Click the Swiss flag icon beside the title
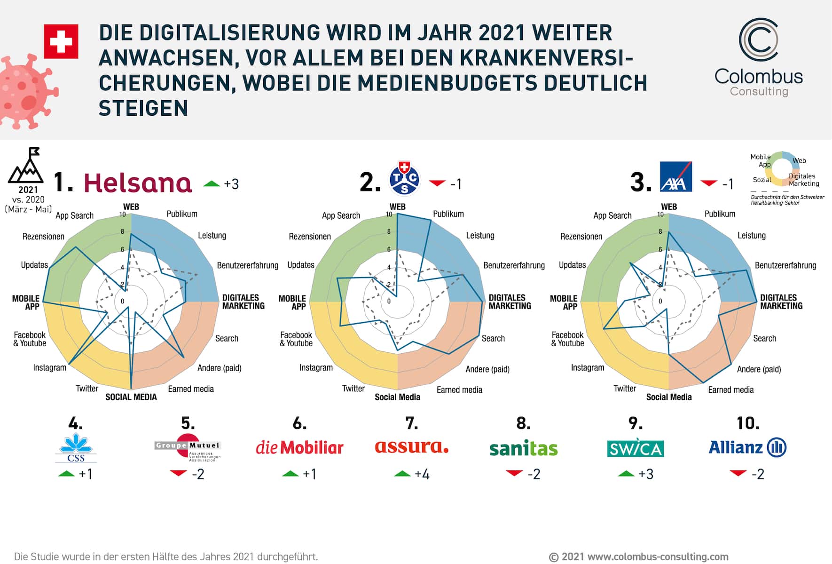click(61, 42)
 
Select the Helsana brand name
click(138, 183)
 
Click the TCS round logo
click(404, 178)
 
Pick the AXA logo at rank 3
click(676, 177)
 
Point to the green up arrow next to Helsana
click(212, 184)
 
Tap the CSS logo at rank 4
click(76, 449)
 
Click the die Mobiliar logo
click(299, 447)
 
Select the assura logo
click(411, 446)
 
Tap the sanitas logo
click(523, 449)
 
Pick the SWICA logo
click(635, 449)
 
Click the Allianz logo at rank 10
click(747, 447)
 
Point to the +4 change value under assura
click(422, 474)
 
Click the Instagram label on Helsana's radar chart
click(49, 368)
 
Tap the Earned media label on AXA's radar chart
click(730, 390)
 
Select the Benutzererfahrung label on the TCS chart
click(514, 265)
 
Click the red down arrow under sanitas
click(514, 473)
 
